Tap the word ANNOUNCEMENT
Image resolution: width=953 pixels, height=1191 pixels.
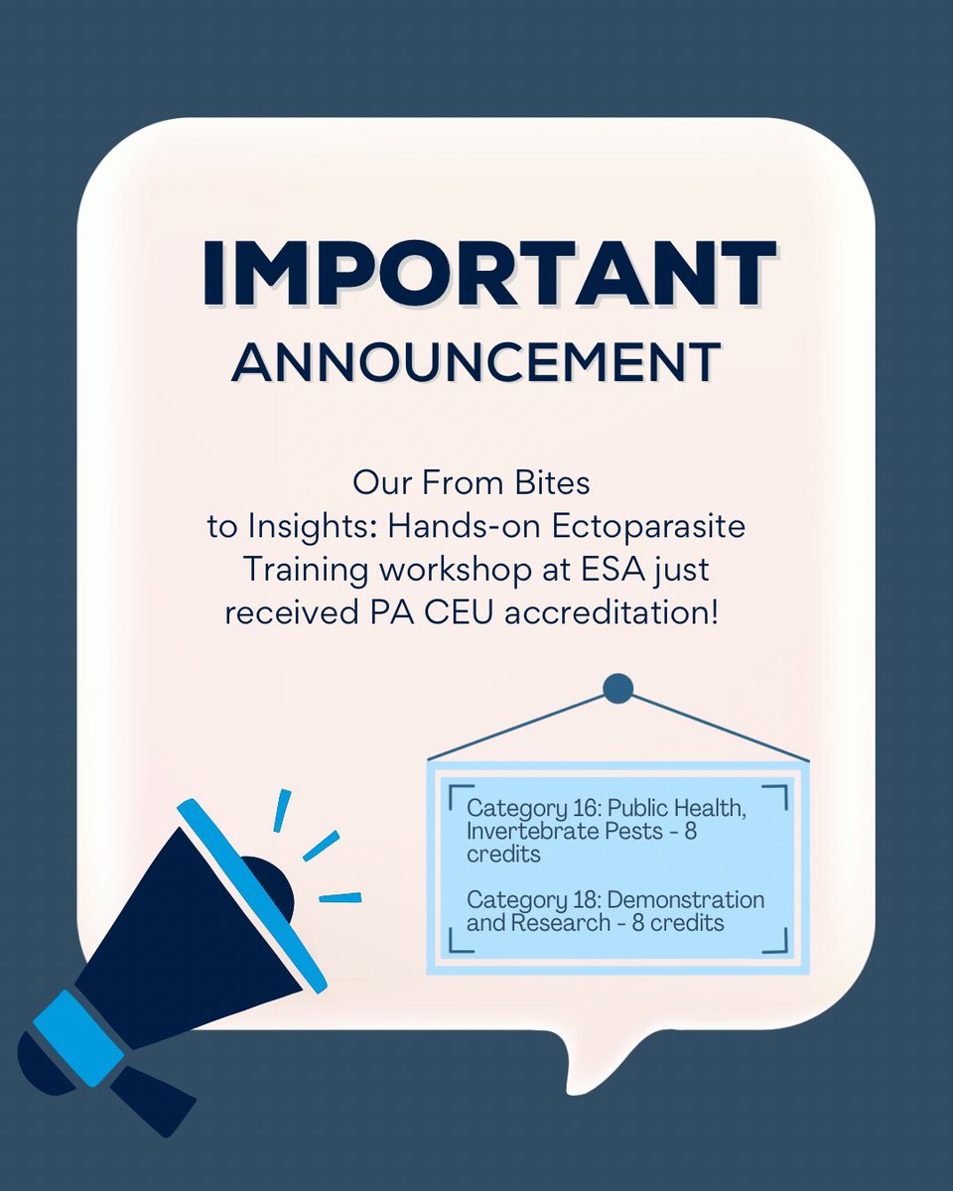(x=476, y=363)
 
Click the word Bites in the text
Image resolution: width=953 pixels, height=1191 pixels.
(x=554, y=484)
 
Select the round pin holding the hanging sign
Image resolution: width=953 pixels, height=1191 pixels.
(x=617, y=688)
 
